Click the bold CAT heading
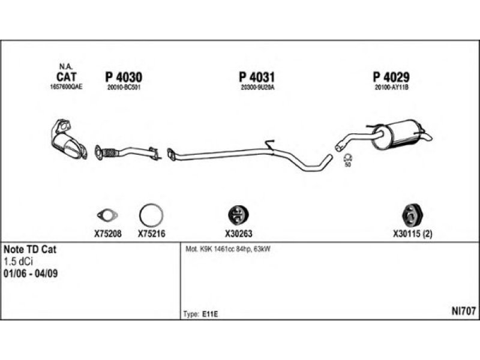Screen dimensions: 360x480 click(66, 77)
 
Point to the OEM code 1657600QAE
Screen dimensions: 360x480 click(66, 87)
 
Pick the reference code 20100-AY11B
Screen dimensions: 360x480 click(391, 87)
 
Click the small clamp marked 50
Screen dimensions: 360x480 click(347, 158)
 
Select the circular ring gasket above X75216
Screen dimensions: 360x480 click(150, 215)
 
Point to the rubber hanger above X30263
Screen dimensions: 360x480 click(239, 215)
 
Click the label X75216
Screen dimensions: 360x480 click(151, 234)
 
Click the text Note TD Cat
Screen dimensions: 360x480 click(30, 249)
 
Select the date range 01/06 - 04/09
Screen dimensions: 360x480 click(31, 274)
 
